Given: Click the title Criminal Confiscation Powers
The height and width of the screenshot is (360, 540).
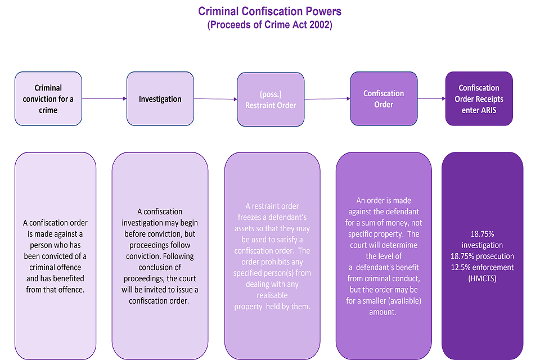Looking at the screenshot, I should click(270, 11).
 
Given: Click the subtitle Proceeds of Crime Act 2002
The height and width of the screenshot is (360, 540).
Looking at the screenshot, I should click(270, 25).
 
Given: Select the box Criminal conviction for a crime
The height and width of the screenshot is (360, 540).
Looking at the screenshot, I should click(48, 98).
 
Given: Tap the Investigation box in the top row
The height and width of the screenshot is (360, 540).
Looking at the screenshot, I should click(160, 99).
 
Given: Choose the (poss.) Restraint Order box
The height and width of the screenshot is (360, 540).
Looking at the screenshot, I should click(271, 100).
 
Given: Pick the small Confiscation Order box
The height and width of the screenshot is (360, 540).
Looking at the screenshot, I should click(384, 98).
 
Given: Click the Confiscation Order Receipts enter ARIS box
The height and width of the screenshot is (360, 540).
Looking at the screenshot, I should click(479, 98).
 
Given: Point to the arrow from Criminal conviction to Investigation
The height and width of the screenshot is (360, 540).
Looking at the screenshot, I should click(104, 98).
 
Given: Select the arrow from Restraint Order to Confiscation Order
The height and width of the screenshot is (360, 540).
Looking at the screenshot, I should click(327, 99).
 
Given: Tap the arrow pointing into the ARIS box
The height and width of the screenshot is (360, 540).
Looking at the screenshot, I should click(431, 98).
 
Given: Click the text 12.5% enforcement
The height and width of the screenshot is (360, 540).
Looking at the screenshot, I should click(483, 267).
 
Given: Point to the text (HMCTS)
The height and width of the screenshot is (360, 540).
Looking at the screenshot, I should click(482, 278).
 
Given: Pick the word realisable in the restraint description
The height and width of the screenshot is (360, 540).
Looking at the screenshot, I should click(272, 295).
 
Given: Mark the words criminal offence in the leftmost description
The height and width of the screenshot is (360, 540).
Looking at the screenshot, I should click(55, 267).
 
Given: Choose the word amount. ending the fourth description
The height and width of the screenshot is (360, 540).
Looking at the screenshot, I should click(383, 312).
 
